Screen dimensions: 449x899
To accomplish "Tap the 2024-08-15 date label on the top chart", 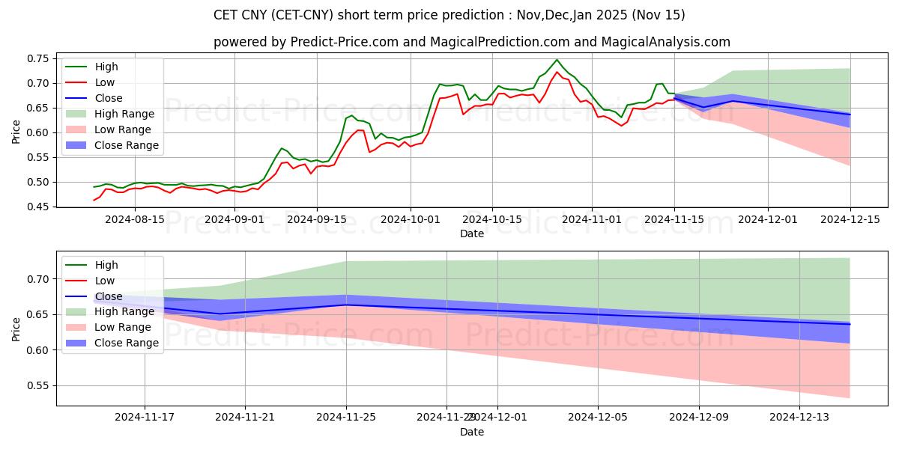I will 134,219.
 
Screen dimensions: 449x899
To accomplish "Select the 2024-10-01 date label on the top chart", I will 410,219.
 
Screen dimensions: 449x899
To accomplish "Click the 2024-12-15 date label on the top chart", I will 850,219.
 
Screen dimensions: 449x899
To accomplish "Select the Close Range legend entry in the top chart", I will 127,145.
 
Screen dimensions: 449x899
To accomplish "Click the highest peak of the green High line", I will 557,60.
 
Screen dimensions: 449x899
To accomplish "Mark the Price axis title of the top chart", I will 16,132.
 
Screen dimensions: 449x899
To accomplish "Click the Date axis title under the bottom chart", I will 472,432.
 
